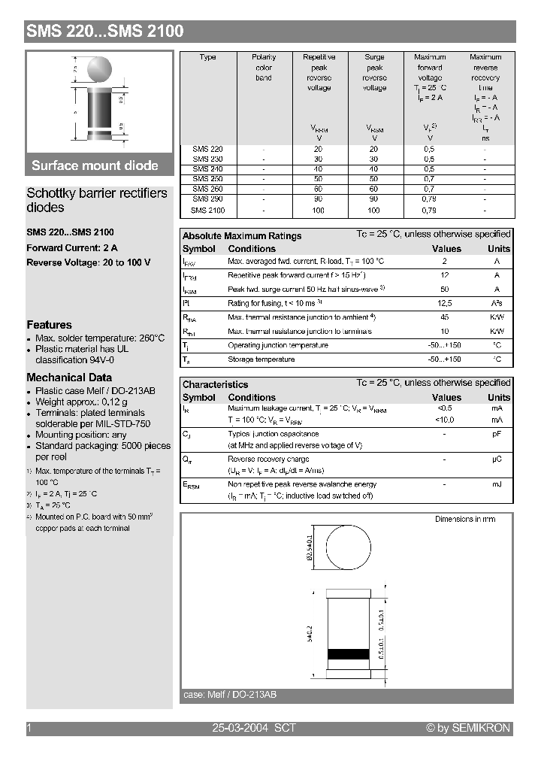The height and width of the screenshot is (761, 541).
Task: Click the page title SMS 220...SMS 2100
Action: click(x=105, y=32)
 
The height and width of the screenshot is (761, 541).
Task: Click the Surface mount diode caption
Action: click(x=95, y=165)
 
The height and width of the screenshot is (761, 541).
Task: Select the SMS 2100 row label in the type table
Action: click(x=208, y=211)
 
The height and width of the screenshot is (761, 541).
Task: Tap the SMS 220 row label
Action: click(x=208, y=149)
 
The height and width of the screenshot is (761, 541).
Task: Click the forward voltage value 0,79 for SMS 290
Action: click(x=429, y=200)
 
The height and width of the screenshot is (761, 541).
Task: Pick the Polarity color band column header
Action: click(x=264, y=68)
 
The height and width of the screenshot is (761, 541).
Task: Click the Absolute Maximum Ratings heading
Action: click(x=242, y=236)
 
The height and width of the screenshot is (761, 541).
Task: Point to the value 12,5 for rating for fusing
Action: click(x=445, y=302)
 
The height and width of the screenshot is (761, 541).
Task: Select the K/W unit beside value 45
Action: click(x=497, y=317)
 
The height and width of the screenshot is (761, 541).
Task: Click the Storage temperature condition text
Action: click(x=261, y=359)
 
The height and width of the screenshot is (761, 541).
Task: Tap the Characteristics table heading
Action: click(x=215, y=384)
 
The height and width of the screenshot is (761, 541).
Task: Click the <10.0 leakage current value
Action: click(x=445, y=420)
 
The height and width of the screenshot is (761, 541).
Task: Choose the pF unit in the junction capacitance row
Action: click(x=497, y=434)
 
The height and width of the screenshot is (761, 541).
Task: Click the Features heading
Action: click(x=49, y=325)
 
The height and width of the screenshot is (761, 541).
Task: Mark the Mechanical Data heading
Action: click(x=69, y=377)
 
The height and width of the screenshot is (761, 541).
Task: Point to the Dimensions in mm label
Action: click(x=465, y=519)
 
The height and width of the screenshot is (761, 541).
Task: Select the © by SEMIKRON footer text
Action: click(x=467, y=728)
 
